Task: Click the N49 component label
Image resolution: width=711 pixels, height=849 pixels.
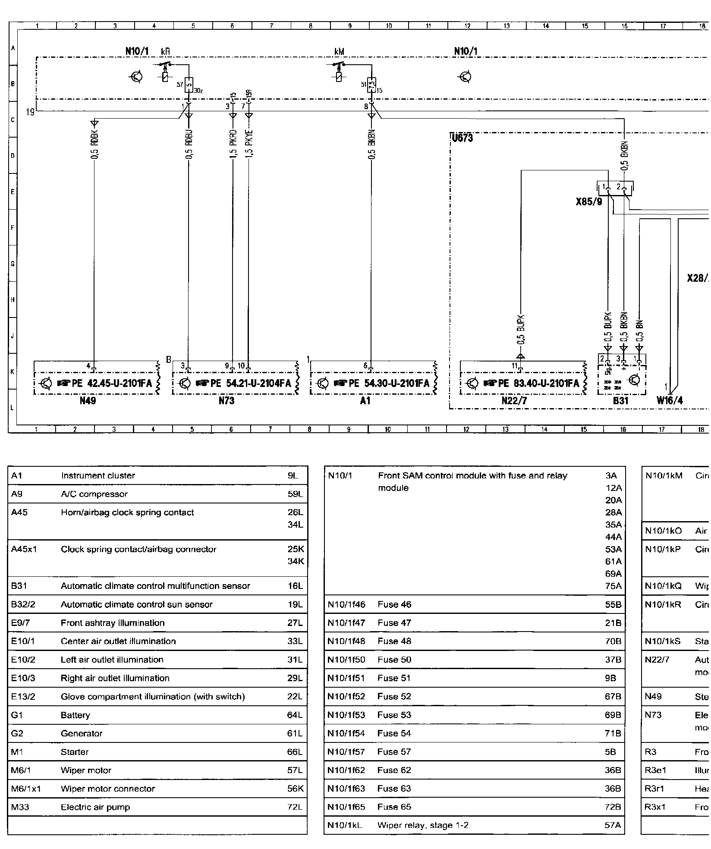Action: point(88,401)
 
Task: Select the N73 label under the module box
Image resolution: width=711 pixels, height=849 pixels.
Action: point(226,401)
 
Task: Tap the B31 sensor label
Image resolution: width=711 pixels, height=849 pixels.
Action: point(620,401)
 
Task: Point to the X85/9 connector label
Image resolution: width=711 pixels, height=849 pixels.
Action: point(589,201)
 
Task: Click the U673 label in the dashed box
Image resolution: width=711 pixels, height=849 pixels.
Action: point(462,138)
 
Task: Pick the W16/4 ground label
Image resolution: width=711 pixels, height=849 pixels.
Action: point(670,401)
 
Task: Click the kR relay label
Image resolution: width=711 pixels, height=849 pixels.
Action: point(165,51)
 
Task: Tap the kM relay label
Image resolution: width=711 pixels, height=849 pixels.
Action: point(339,51)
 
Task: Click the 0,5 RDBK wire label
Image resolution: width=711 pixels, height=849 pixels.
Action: point(95,144)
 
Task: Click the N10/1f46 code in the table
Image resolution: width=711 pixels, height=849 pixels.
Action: point(346,605)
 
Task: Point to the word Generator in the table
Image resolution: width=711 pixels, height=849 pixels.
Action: point(82,734)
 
